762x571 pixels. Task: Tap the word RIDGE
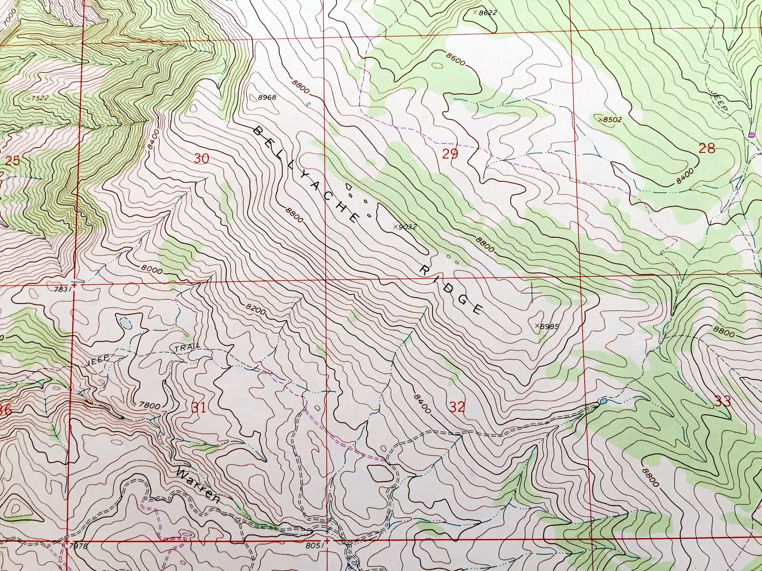tap(452, 289)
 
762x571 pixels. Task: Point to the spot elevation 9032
tap(406, 227)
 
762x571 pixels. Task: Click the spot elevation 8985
tap(547, 326)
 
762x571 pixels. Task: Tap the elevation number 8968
tap(267, 97)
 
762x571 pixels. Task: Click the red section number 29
tap(450, 154)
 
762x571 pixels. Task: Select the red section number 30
tap(201, 158)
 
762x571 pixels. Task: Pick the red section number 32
tap(457, 407)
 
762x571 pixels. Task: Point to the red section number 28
tap(707, 148)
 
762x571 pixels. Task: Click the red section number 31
tap(198, 407)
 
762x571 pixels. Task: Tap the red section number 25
tap(12, 161)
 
